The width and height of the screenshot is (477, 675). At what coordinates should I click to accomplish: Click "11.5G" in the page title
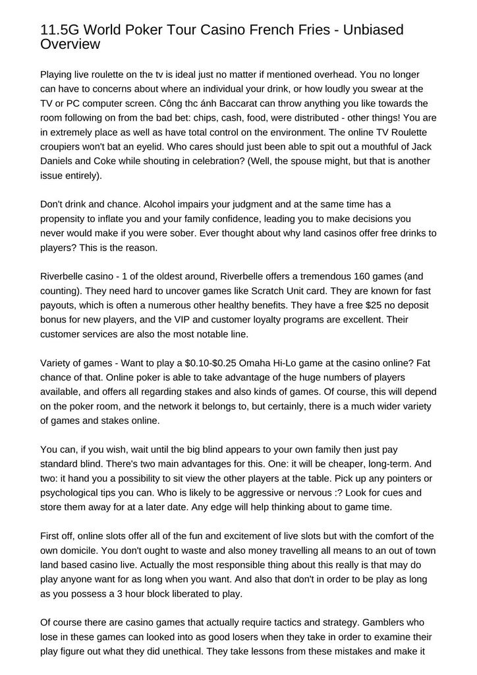(60, 30)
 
